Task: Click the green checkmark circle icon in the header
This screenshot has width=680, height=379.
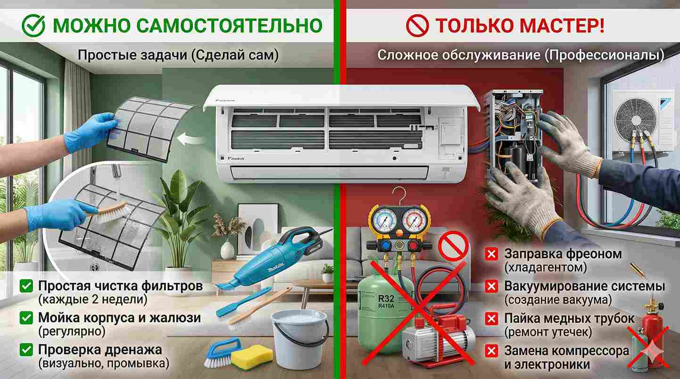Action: [33, 25]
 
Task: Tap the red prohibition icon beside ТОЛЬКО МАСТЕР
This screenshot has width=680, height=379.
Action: [417, 26]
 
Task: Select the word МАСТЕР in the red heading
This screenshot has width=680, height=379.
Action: [562, 25]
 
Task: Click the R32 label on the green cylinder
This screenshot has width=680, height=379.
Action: [386, 298]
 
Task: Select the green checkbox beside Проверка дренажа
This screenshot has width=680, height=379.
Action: [26, 350]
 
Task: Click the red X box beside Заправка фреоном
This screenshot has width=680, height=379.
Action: [491, 254]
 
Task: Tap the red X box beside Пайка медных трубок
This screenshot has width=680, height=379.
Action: [491, 319]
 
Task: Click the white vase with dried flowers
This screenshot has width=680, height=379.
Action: [227, 251]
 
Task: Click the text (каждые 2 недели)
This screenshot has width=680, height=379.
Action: [92, 300]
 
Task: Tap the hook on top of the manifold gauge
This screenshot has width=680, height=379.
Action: [400, 196]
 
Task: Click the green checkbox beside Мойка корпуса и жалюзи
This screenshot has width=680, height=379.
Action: [26, 318]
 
